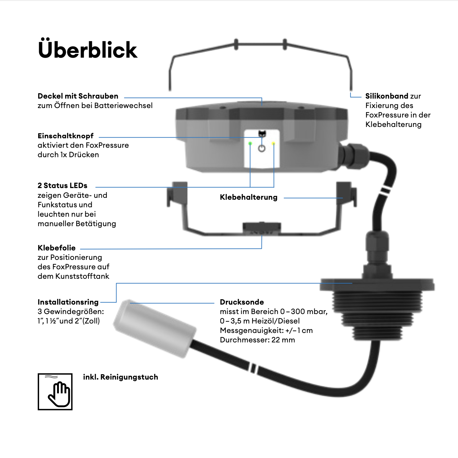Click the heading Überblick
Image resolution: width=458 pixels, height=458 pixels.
tap(88, 50)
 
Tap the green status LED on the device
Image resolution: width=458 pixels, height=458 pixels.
tap(250, 144)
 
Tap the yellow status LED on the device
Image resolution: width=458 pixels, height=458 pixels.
tap(273, 144)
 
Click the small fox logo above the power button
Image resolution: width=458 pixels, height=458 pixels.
tap(262, 134)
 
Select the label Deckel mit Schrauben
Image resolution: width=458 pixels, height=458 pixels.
tap(78, 96)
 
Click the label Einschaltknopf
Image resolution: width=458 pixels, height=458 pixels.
tap(66, 136)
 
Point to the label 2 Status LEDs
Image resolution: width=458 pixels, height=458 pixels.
tap(62, 186)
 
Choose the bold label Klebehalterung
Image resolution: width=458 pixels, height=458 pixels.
tap(249, 198)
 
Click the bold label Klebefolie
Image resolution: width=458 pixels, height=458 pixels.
tap(57, 248)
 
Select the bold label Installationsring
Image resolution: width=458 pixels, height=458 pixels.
tap(68, 302)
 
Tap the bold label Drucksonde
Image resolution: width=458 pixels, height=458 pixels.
tap(242, 302)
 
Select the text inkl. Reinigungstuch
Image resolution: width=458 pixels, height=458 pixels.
tap(121, 377)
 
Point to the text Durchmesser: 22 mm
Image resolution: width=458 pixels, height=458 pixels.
tap(257, 340)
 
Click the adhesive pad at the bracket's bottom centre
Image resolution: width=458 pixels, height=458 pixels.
tap(261, 228)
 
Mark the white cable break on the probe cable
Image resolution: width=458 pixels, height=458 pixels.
tap(254, 368)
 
